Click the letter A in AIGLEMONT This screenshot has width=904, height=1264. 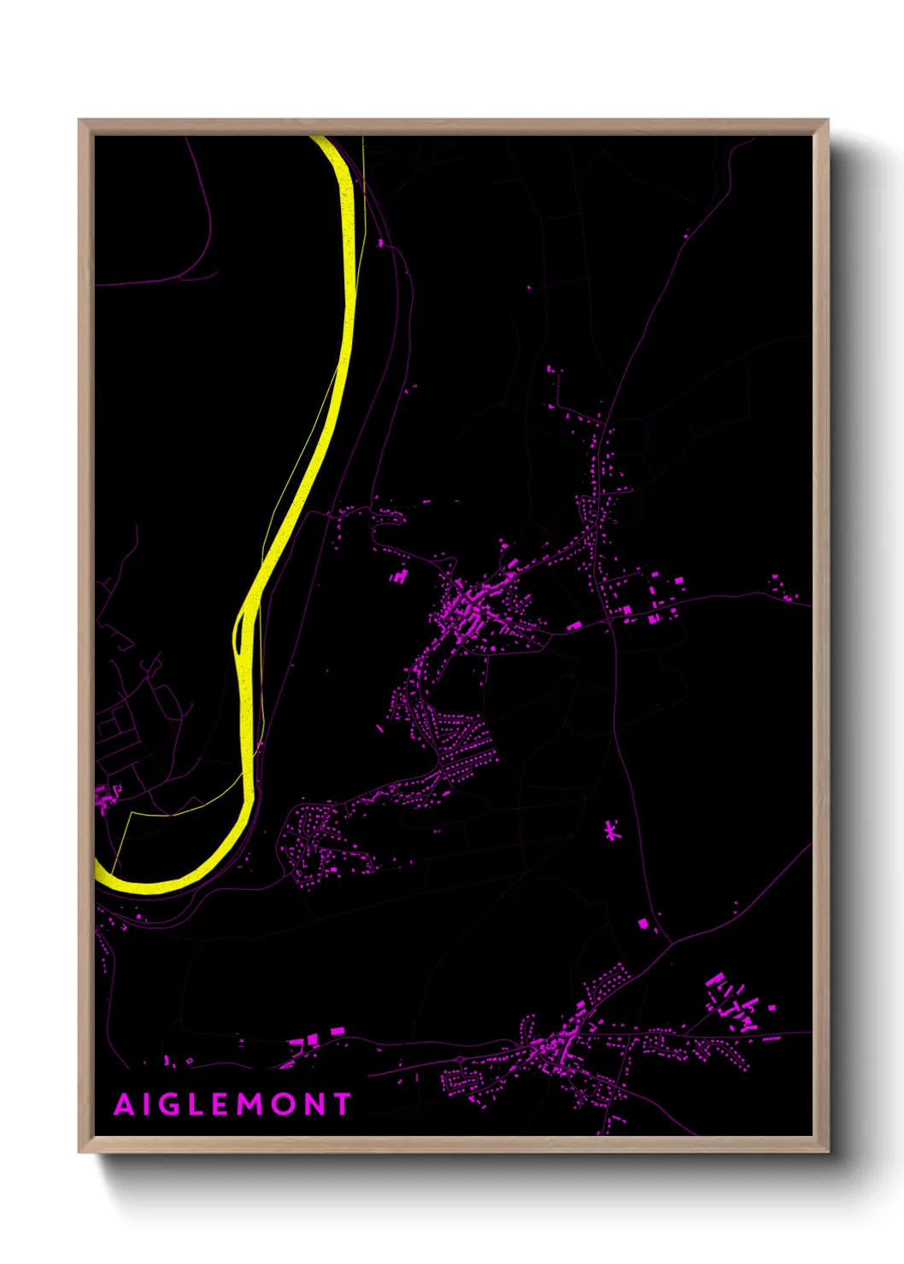125,1105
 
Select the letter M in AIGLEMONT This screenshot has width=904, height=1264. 249,1105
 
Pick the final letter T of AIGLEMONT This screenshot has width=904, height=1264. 343,1105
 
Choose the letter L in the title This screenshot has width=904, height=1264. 197,1105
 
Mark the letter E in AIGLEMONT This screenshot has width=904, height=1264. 220,1105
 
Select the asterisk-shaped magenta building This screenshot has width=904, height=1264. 610,830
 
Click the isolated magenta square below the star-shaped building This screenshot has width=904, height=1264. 643,922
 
